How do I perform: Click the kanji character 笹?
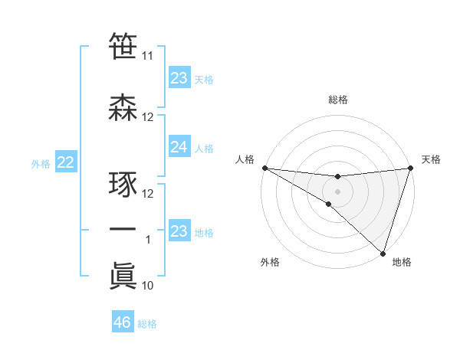[x=123, y=47]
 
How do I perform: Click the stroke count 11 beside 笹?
[x=147, y=56]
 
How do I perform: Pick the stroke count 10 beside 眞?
[x=147, y=286]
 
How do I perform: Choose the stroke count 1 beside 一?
[x=148, y=240]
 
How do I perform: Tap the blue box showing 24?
[x=179, y=147]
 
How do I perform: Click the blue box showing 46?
[x=123, y=322]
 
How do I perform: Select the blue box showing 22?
[x=66, y=162]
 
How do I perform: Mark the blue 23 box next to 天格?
[x=179, y=78]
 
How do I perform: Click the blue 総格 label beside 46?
[x=147, y=324]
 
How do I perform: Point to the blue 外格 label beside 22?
[x=41, y=163]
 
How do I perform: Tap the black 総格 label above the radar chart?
[x=337, y=100]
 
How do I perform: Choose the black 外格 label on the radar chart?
[x=270, y=262]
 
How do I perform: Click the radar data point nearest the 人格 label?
[x=264, y=168]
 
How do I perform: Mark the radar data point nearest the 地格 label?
[x=383, y=253]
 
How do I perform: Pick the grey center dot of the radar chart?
[x=337, y=191]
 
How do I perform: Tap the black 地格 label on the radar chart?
[x=402, y=262]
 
